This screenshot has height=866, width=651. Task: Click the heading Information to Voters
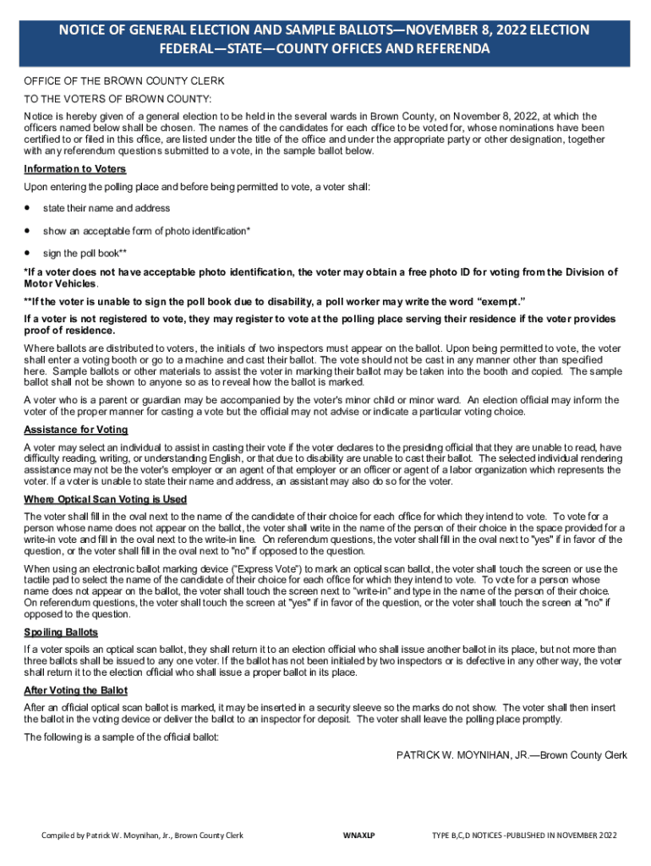[x=75, y=168]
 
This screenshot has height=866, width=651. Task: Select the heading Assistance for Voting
[x=75, y=429]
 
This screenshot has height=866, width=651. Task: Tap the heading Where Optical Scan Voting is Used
[x=106, y=499]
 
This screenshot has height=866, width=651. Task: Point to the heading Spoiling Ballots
[x=61, y=633]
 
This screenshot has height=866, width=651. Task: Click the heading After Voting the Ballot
[x=76, y=690]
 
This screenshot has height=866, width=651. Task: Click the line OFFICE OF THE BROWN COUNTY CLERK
[x=123, y=81]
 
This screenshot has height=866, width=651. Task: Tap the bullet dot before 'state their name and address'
[x=29, y=207]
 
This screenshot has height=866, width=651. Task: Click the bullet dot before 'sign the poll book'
[x=29, y=252]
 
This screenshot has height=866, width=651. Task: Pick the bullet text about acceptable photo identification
[x=146, y=231]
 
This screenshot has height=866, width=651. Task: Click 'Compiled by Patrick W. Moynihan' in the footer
[x=107, y=836]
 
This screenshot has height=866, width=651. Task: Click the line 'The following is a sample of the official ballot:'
[x=122, y=737]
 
